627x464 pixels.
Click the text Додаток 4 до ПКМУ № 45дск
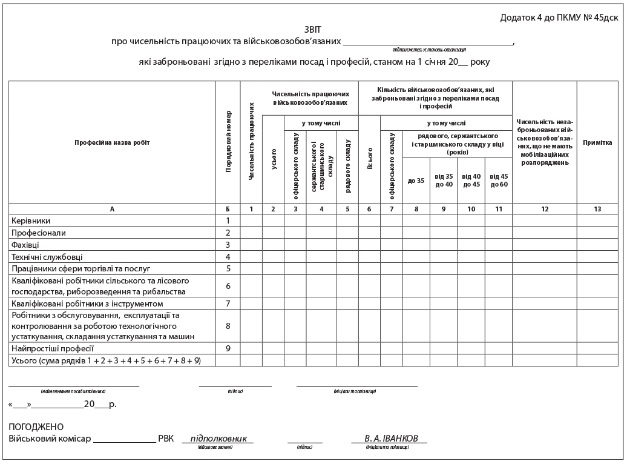pos(559,18)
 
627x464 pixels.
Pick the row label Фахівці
pos(25,245)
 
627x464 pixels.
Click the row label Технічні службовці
pos(47,257)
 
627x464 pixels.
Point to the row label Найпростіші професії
pos(53,348)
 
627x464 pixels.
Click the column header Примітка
pos(597,143)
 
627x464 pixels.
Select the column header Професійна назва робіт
pos(112,143)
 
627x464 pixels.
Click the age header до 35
pos(416,181)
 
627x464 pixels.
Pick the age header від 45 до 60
pos(499,181)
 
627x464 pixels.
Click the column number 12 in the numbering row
pos(544,209)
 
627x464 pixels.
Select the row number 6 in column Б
pos(228,286)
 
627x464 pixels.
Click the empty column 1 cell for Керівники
pos(251,221)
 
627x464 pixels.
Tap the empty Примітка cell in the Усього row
pos(597,360)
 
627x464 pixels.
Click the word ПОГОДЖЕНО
pos(36,427)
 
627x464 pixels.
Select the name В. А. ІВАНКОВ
pos(389,439)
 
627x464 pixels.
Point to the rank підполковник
pos(218,439)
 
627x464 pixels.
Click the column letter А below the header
pos(112,209)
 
